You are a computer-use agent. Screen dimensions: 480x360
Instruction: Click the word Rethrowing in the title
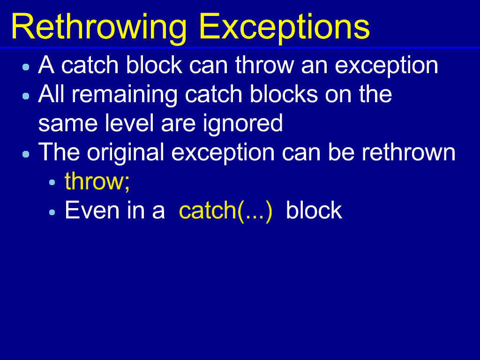(99, 28)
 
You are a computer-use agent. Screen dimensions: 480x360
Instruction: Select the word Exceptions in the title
(285, 28)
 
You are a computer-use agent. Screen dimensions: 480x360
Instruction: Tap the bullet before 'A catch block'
(26, 67)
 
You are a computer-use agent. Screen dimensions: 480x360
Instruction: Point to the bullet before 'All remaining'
(26, 96)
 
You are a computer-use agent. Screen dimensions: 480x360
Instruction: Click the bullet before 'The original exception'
(26, 154)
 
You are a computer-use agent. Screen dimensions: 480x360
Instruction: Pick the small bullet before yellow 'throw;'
(52, 183)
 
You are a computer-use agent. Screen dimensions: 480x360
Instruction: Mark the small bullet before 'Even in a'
(52, 212)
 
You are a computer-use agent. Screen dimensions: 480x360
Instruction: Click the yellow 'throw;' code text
(97, 182)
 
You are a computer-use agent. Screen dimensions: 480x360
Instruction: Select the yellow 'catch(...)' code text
(225, 211)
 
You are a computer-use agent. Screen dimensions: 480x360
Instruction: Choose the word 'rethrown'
(409, 152)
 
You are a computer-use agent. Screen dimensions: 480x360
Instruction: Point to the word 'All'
(52, 94)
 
